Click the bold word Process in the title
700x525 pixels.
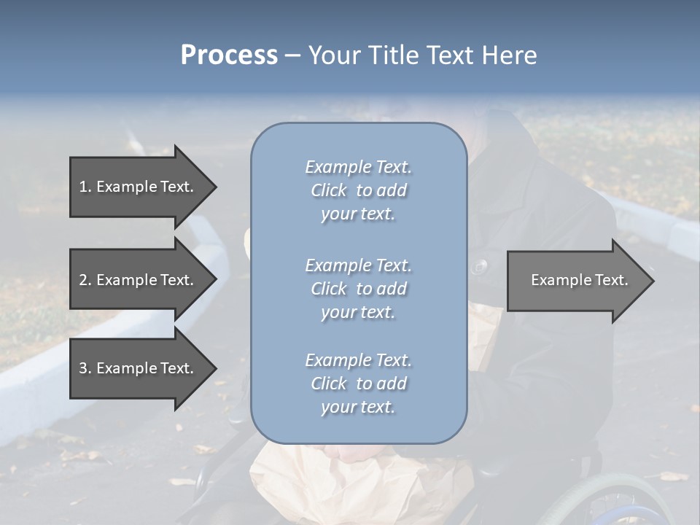point(229,55)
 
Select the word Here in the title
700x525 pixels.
point(509,55)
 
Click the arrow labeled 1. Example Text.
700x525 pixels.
point(136,187)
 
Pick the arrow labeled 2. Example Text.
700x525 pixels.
point(136,280)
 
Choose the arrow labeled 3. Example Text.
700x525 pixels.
point(136,368)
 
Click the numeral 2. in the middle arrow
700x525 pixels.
point(85,280)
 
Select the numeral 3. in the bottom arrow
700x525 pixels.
point(85,368)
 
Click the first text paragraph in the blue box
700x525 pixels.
point(358,190)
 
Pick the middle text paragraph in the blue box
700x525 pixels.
point(358,289)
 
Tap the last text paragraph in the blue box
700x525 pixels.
point(358,384)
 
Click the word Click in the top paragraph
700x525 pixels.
point(328,190)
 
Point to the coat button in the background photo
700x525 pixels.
point(479,267)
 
